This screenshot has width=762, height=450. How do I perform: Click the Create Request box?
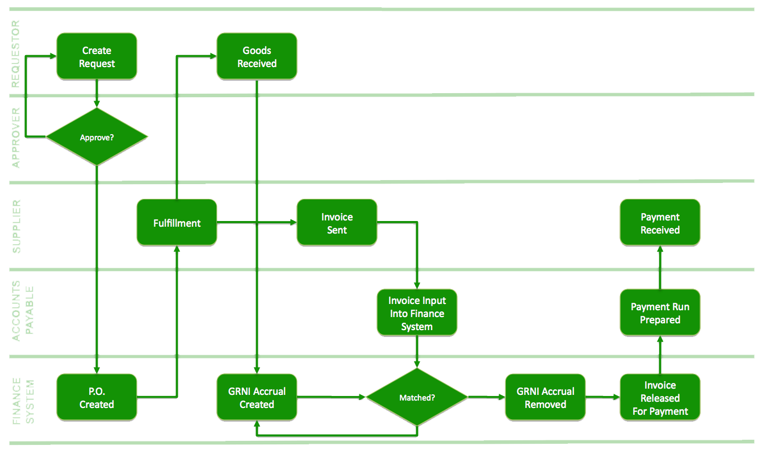(97, 57)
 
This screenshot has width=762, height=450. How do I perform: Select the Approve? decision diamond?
(97, 137)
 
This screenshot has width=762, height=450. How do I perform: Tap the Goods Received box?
(257, 57)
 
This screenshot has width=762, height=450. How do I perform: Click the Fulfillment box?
(177, 223)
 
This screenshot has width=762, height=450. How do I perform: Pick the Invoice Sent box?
(337, 223)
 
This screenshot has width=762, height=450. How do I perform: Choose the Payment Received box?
(660, 223)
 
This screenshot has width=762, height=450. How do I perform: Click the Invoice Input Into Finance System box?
(417, 313)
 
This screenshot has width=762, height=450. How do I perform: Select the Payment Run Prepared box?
(660, 313)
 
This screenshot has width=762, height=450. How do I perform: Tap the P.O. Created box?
(97, 398)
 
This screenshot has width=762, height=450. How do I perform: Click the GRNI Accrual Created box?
(257, 398)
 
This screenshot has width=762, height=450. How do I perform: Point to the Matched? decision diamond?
(417, 397)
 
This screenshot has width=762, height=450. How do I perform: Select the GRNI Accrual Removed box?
(545, 398)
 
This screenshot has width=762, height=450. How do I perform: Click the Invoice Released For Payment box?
(660, 398)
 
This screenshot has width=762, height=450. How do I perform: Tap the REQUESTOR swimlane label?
(16, 53)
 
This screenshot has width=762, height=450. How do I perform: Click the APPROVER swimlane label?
(16, 137)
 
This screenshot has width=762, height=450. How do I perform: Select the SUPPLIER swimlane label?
(16, 226)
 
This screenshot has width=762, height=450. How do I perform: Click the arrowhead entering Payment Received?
(660, 251)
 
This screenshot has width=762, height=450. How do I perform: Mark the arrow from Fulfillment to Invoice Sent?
(256, 222)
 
